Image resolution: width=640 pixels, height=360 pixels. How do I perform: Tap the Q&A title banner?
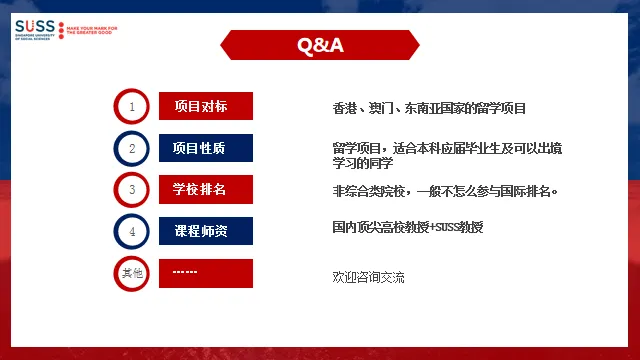coord(320,45)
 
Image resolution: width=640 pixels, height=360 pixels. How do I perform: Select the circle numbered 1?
coord(132,106)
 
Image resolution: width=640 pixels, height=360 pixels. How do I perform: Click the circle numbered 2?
coord(132,148)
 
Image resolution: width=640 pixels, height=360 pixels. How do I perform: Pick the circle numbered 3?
coord(132,189)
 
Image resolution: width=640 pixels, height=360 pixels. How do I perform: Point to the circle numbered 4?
coord(132,231)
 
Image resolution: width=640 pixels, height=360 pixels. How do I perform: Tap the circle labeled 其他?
coord(132,272)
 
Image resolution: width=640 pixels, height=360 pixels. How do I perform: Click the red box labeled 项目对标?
coord(206,106)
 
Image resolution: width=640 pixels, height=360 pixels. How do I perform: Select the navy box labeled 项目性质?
coord(206,148)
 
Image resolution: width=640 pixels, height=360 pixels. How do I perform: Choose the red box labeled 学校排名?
coord(206,189)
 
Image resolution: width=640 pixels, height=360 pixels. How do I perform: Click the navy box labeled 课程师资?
coord(206,231)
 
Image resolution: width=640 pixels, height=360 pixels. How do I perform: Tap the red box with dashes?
coord(206,272)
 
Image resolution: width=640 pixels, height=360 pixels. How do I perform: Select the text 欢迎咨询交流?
coord(369,275)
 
